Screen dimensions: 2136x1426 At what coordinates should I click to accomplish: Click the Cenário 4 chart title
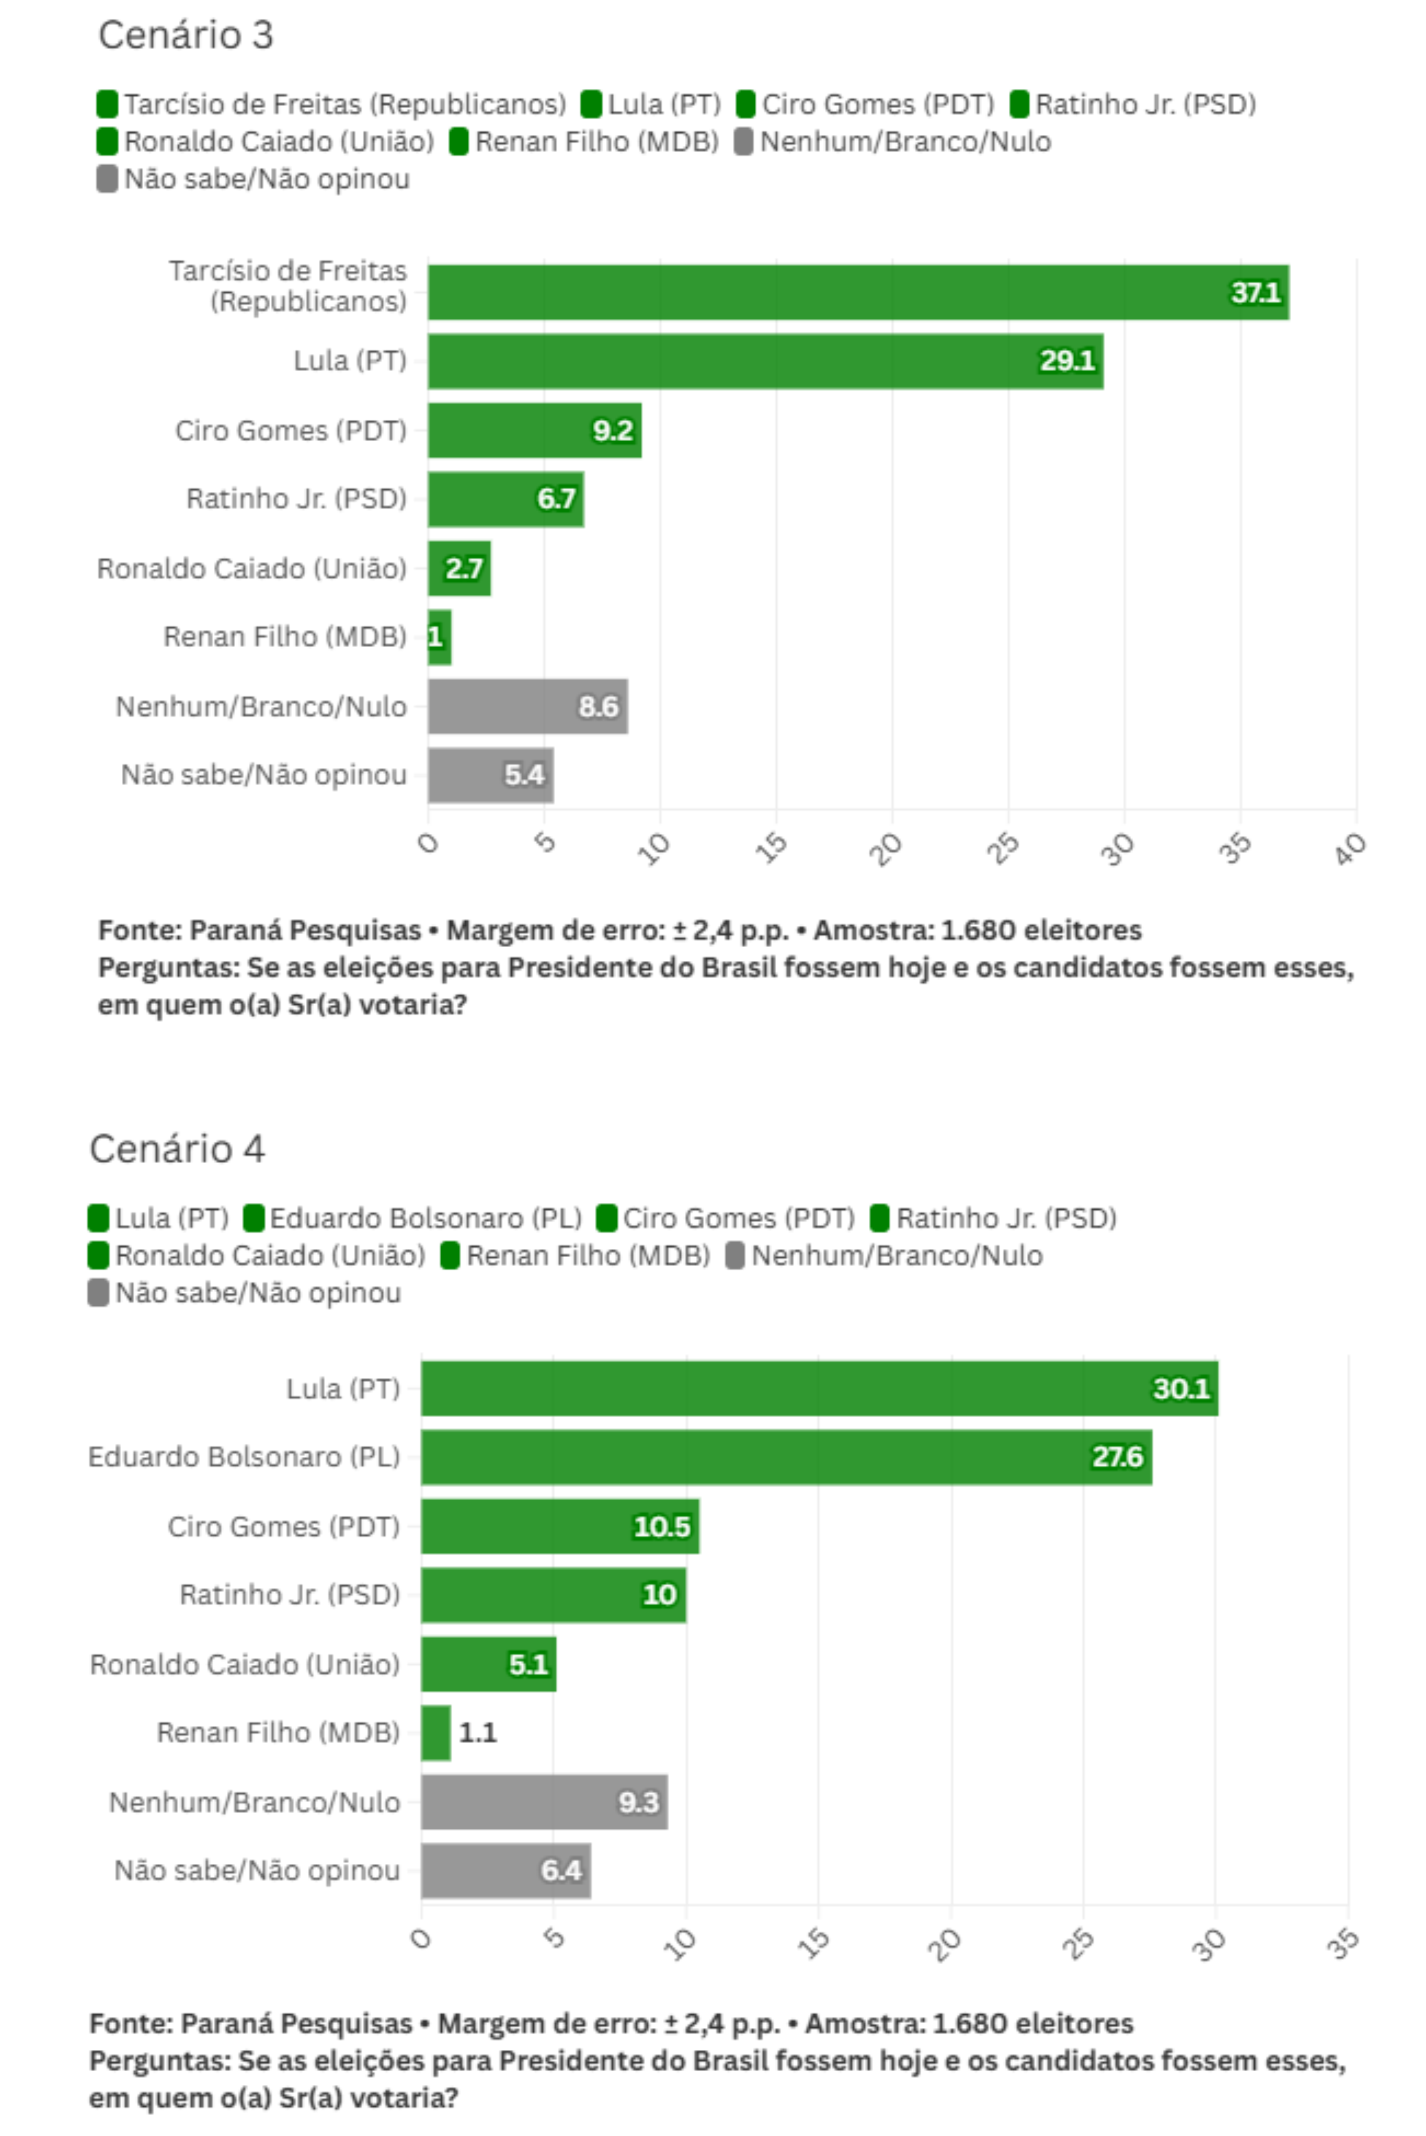178,1148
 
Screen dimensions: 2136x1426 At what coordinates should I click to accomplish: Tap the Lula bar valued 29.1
765,361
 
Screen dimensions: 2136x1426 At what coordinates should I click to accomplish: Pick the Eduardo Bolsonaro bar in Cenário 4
786,1457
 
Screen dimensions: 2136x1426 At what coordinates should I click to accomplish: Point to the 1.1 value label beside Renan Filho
478,1732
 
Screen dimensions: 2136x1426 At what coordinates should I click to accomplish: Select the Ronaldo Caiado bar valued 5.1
488,1664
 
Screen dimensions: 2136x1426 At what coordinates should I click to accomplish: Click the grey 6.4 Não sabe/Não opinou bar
506,1870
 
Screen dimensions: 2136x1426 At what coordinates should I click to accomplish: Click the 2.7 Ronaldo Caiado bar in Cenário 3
459,568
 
